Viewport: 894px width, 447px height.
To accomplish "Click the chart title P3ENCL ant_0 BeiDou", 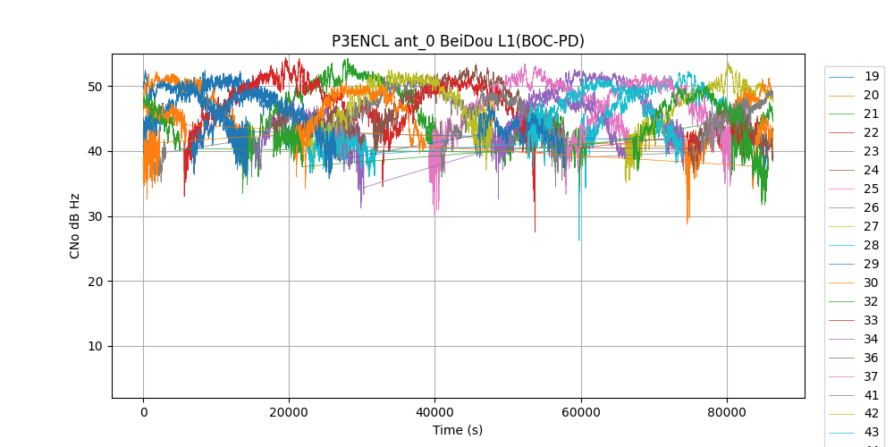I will tap(458, 41).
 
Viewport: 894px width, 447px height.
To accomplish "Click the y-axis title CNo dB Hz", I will tap(75, 225).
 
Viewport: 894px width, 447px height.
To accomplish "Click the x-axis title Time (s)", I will tap(458, 430).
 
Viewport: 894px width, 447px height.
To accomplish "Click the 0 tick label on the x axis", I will tap(143, 412).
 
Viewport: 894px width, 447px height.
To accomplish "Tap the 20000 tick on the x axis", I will tap(289, 412).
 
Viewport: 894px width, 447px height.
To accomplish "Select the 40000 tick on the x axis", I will tap(434, 412).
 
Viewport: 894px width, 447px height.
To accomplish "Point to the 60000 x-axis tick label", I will tap(580, 412).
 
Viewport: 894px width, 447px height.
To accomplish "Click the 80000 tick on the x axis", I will tap(727, 412).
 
